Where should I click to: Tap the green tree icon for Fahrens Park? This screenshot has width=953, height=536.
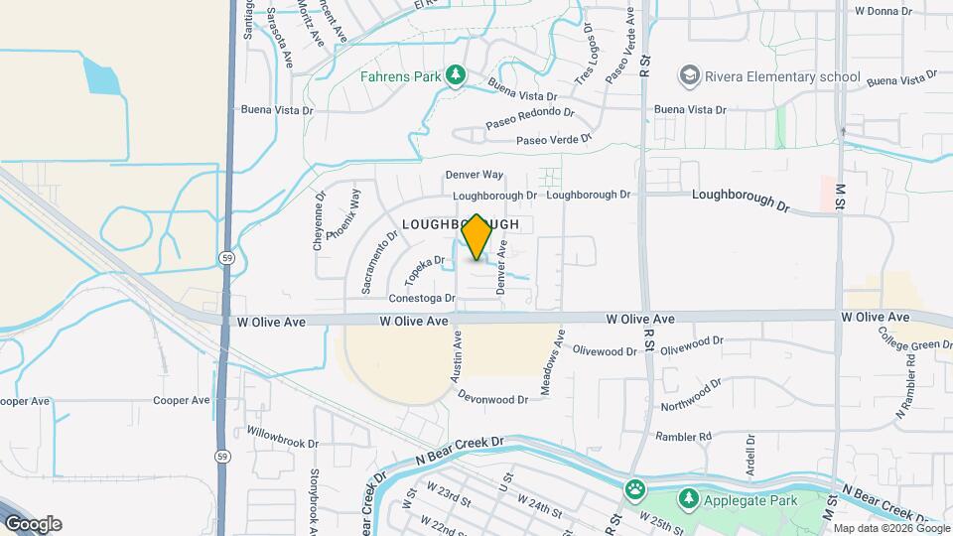[x=456, y=75]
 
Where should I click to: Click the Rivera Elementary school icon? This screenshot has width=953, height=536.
[x=688, y=75]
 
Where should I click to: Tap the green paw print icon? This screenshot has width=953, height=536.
[x=635, y=489]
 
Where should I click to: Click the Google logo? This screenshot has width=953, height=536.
[x=33, y=524]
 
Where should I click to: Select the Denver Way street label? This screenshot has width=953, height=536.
[x=474, y=175]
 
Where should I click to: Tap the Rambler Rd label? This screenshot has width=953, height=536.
[x=683, y=437]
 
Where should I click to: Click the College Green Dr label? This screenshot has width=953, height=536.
[x=914, y=344]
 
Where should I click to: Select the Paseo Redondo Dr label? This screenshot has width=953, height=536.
[x=530, y=118]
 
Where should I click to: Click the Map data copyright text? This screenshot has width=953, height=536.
[x=889, y=528]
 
